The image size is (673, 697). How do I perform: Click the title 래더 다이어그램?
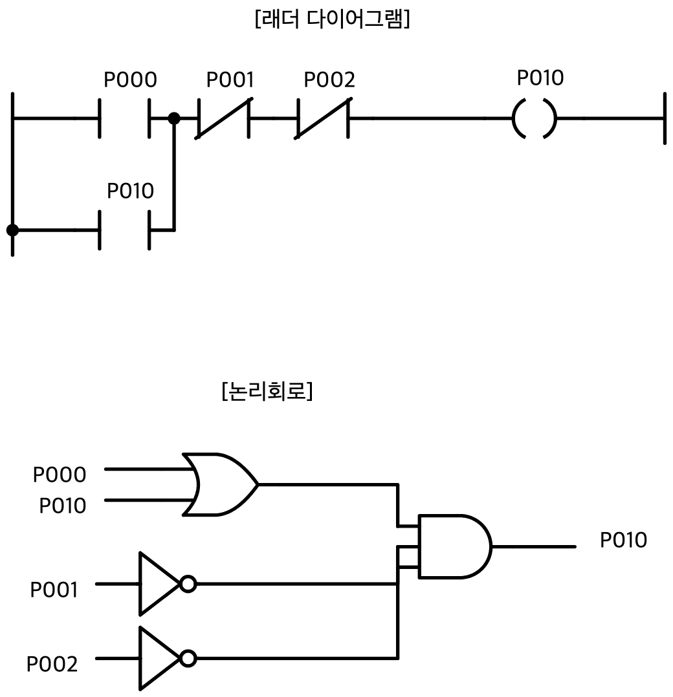(332, 19)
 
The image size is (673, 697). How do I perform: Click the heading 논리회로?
(267, 391)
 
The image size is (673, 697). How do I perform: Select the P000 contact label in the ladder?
(130, 80)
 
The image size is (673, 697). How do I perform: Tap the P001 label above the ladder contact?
(230, 80)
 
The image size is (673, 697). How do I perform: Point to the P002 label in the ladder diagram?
(329, 80)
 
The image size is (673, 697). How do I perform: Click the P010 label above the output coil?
(540, 78)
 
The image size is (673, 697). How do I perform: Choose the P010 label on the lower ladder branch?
(130, 191)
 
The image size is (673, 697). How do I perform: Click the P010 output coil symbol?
(535, 118)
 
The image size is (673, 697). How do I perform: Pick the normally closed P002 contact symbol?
(323, 118)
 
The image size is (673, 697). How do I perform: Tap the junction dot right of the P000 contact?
(174, 118)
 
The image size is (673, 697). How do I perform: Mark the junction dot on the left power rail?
(12, 230)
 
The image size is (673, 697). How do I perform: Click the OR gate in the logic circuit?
(220, 484)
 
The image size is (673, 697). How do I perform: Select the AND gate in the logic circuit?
(455, 546)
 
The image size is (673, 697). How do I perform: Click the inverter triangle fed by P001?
(160, 584)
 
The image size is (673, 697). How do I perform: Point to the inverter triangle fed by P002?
(160, 658)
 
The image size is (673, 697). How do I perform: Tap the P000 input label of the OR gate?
(60, 475)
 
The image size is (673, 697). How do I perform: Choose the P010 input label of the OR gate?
(63, 506)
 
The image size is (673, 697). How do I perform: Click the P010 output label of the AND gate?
(624, 540)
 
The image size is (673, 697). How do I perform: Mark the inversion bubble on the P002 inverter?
(188, 658)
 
